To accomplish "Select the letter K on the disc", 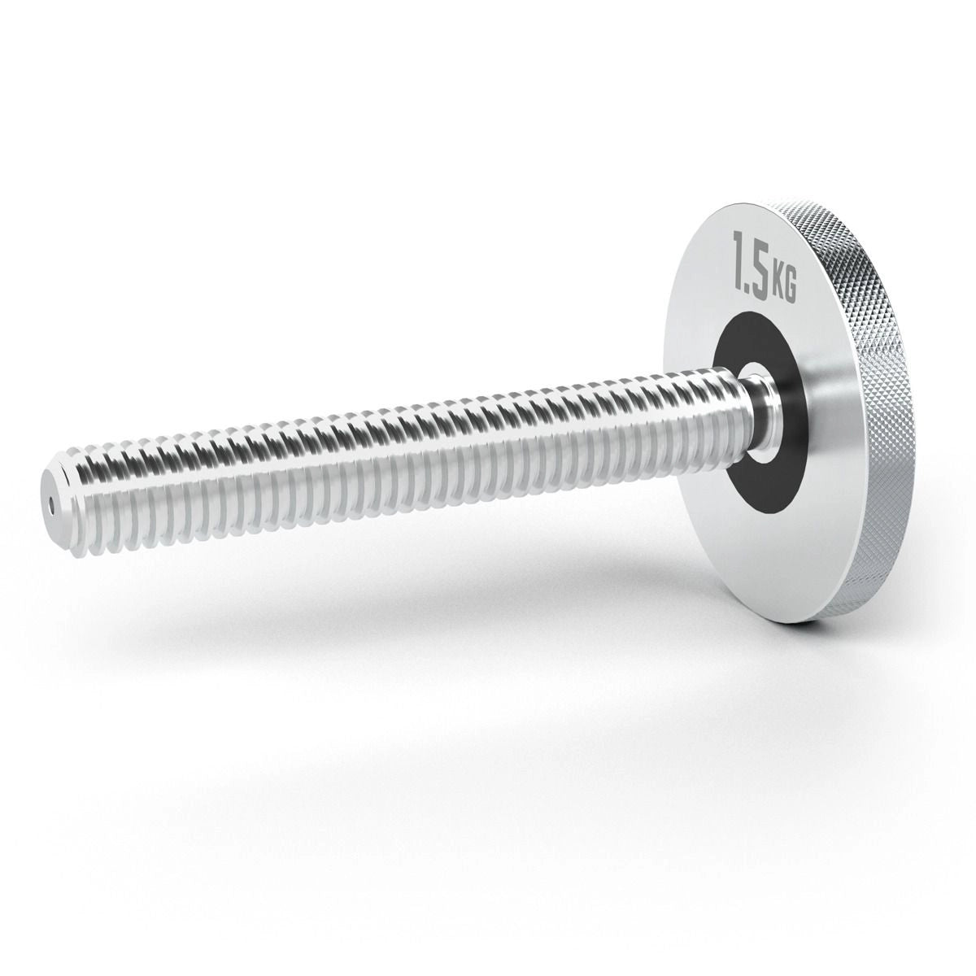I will pos(778,285).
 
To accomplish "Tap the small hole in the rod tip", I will pos(51,508).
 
